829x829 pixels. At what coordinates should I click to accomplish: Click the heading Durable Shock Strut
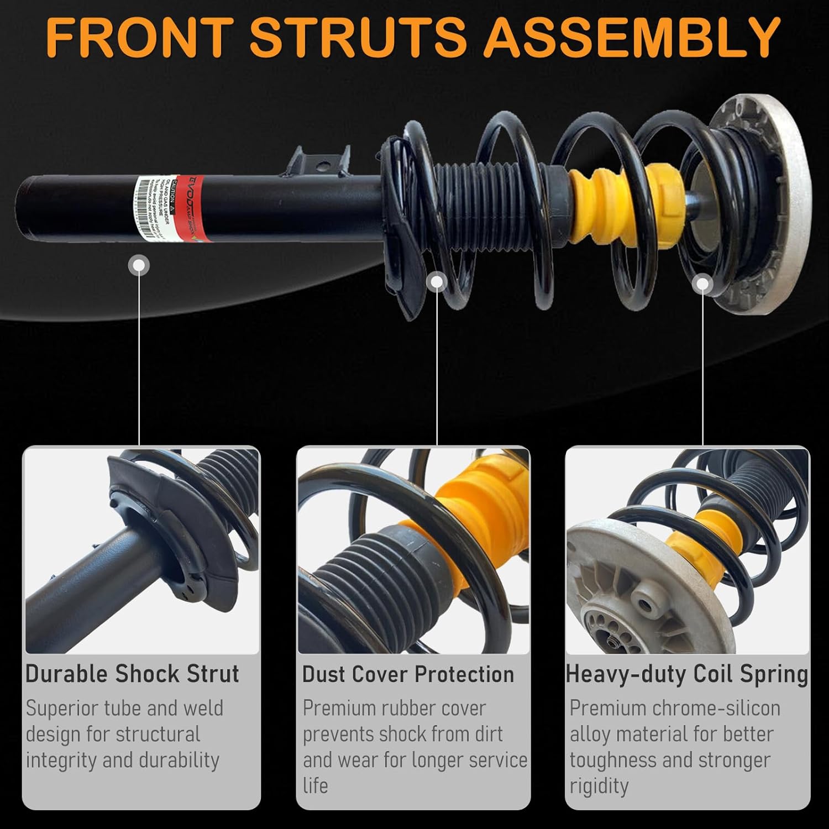(132, 674)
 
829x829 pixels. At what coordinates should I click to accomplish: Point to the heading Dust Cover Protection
(408, 674)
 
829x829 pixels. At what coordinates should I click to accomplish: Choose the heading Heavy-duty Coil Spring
(687, 674)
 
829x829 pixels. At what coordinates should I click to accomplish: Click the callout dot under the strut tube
(139, 266)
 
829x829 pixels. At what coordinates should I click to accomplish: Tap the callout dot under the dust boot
(437, 281)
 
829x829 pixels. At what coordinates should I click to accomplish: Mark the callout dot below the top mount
(702, 284)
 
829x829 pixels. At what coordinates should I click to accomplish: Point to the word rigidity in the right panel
(599, 785)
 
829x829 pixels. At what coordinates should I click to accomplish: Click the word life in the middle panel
(316, 785)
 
